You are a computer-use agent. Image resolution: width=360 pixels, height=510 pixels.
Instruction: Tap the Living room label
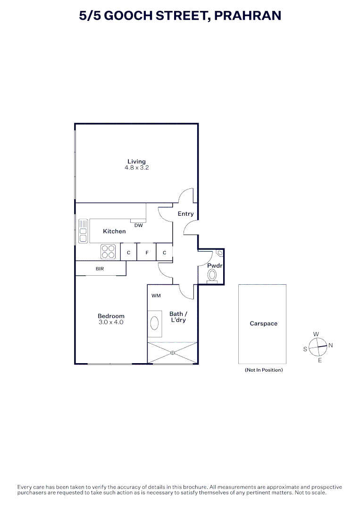pos(136,161)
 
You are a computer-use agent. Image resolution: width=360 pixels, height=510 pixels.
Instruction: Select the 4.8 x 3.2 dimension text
pos(136,168)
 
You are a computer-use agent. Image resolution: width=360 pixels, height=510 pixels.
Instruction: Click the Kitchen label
pos(114,231)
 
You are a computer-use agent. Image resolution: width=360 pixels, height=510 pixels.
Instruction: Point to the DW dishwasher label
pos(138,225)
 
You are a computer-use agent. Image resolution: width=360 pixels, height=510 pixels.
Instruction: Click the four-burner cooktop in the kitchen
pos(108,251)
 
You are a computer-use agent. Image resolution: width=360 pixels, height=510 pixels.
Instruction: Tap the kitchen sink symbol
pos(83,231)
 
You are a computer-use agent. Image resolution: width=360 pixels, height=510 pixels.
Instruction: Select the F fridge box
pos(147,253)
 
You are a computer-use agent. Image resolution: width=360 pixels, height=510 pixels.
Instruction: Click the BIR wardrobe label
pos(100,269)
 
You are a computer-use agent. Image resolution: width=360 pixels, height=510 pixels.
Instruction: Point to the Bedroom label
pos(111,316)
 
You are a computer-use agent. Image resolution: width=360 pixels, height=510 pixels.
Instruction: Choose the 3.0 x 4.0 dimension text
pos(111,322)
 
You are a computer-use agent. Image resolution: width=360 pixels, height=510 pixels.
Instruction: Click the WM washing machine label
pos(156,296)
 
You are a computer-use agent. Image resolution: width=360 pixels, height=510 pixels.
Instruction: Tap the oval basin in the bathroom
pos(154,323)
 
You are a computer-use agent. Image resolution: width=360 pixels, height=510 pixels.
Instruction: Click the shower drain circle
pos(172,352)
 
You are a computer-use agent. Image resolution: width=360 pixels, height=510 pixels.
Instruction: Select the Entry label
pos(185,214)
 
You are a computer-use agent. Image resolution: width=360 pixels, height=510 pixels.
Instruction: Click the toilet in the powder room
pos(213,275)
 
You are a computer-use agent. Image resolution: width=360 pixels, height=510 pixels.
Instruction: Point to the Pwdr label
pos(215,266)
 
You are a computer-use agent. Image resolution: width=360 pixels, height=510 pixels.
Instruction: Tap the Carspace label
pos(263,323)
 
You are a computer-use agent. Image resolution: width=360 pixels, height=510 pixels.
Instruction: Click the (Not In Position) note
pos(264,370)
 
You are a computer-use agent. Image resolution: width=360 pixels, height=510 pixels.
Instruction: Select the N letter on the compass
pos(330,345)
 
